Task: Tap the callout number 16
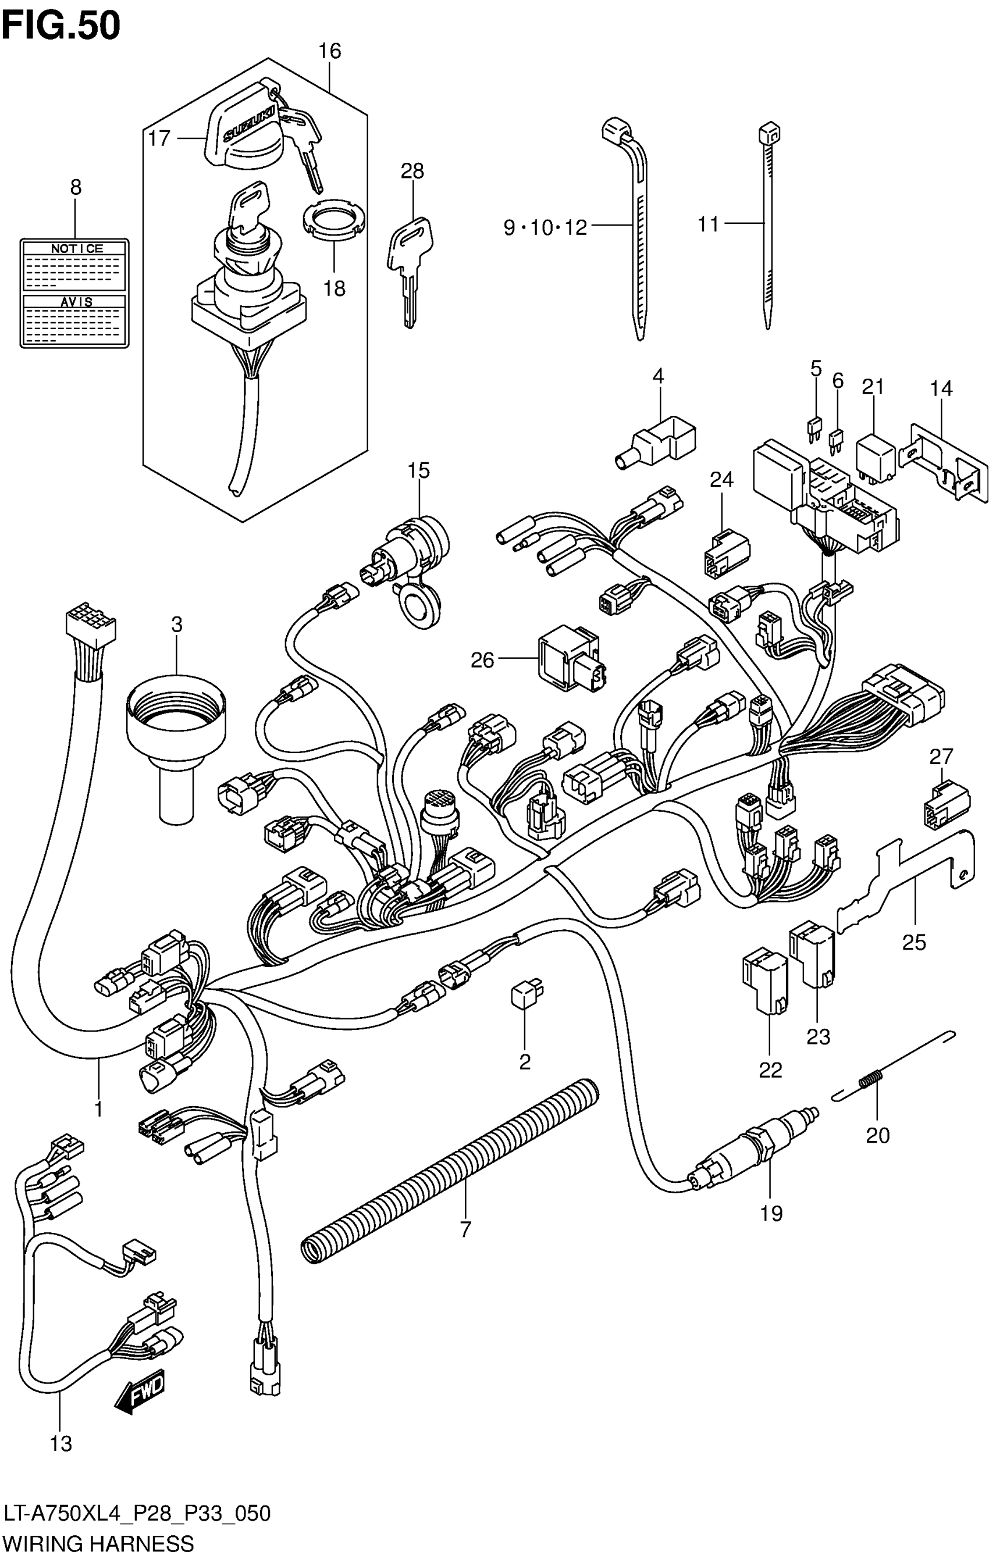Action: coord(330,51)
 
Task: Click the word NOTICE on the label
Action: coord(77,248)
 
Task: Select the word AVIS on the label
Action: coord(77,302)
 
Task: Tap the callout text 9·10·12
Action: coord(545,228)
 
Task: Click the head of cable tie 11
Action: coord(769,133)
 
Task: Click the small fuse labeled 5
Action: coord(814,429)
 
